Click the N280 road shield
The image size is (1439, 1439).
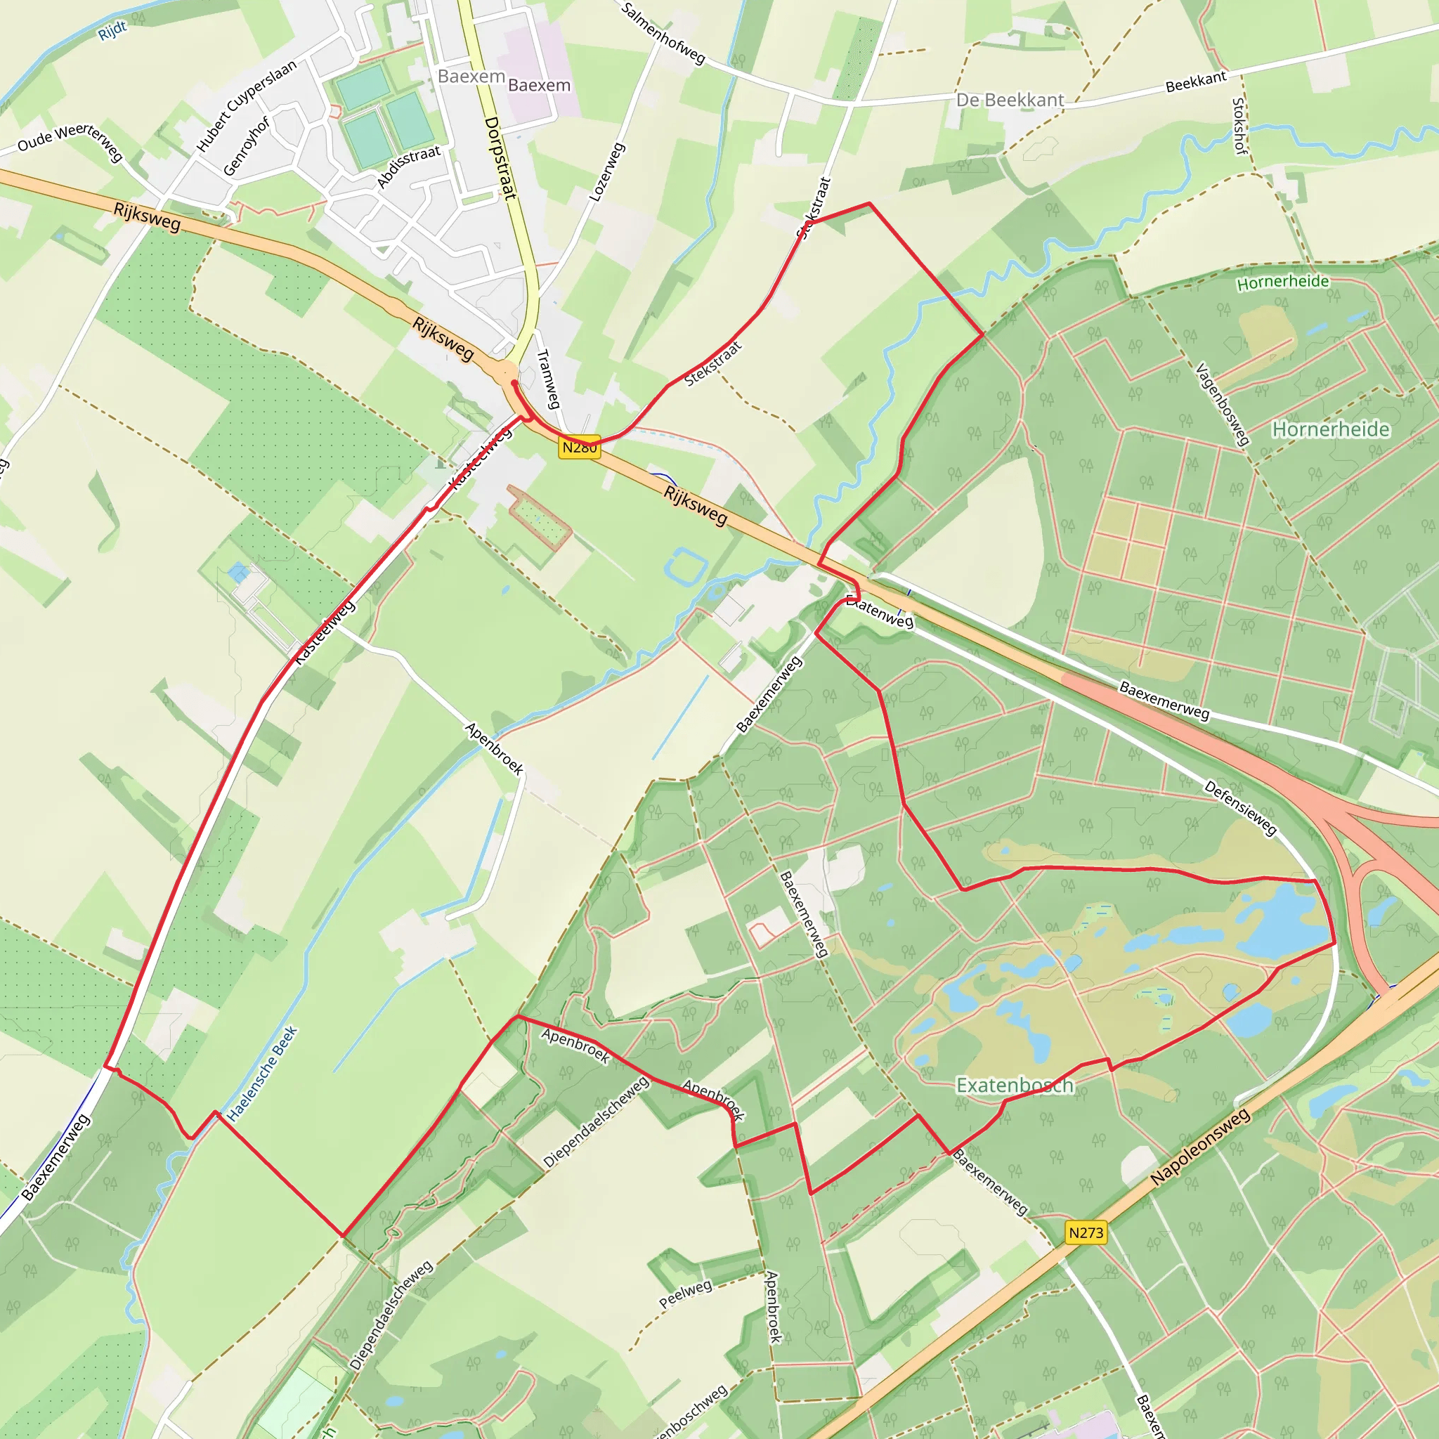580,447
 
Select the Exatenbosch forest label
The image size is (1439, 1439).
1015,1085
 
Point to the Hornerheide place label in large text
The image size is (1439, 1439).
1330,429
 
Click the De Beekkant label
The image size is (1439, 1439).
1010,100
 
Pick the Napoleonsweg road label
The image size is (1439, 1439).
1200,1147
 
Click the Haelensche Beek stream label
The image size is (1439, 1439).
262,1074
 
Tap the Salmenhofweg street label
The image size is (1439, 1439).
663,34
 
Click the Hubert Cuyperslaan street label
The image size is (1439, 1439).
246,106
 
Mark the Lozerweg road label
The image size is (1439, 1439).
606,172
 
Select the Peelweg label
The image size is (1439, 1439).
685,1294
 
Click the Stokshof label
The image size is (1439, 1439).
1239,126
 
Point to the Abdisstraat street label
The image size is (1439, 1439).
408,166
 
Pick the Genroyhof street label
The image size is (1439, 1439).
246,146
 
